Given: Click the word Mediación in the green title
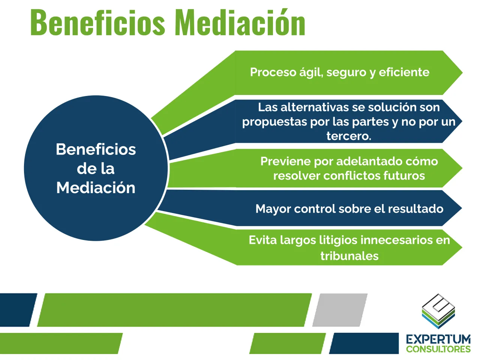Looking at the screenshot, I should pos(240,23).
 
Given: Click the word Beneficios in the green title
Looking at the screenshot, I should pos(98,23).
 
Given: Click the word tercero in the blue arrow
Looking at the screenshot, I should pos(348,136).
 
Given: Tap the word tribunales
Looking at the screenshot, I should pos(349,256).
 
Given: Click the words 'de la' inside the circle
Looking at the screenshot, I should pos(96,169).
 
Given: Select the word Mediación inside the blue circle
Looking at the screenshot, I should pos(96,188).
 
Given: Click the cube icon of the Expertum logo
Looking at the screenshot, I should pos(438,311).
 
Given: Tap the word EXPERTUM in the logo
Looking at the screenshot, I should pos(438,339).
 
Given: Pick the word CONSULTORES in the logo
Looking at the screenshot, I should pos(438,349).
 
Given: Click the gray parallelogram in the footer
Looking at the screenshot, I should pos(340,310).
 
